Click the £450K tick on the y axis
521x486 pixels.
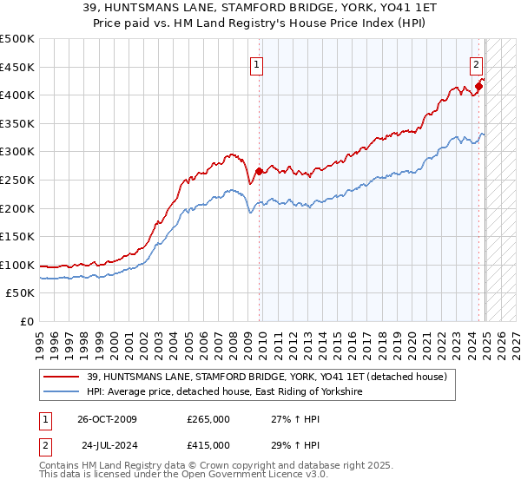18,67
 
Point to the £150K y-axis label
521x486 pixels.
18,236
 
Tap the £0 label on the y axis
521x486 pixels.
27,321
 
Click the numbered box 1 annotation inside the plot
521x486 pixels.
258,63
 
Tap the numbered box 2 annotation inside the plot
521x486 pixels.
477,63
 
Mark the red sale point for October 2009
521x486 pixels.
259,171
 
